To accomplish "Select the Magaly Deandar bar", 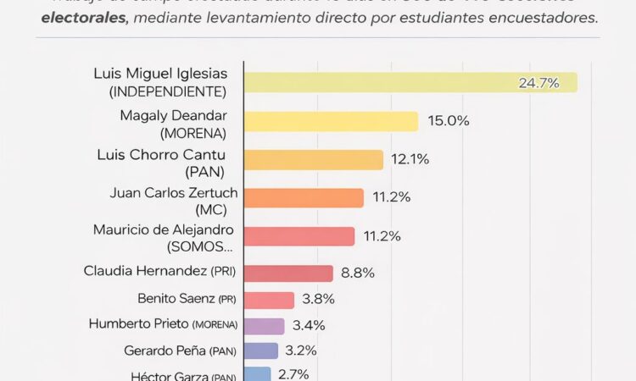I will click(331, 121).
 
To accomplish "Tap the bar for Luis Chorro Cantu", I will click(314, 159).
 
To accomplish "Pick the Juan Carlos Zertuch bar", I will click(304, 197).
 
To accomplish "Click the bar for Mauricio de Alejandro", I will click(299, 235).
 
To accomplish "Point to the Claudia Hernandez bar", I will click(288, 273).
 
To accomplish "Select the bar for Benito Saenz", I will click(269, 300).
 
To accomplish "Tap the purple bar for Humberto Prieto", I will click(264, 325).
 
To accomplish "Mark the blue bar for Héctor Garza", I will click(257, 373).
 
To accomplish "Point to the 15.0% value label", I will click(449, 121).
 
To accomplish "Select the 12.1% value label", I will click(411, 159).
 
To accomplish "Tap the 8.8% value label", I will click(357, 273).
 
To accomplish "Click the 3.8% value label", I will click(319, 299).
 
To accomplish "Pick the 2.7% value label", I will click(293, 373).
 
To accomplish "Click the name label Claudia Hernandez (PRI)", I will click(160, 272).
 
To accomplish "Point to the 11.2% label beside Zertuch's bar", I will click(392, 197).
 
